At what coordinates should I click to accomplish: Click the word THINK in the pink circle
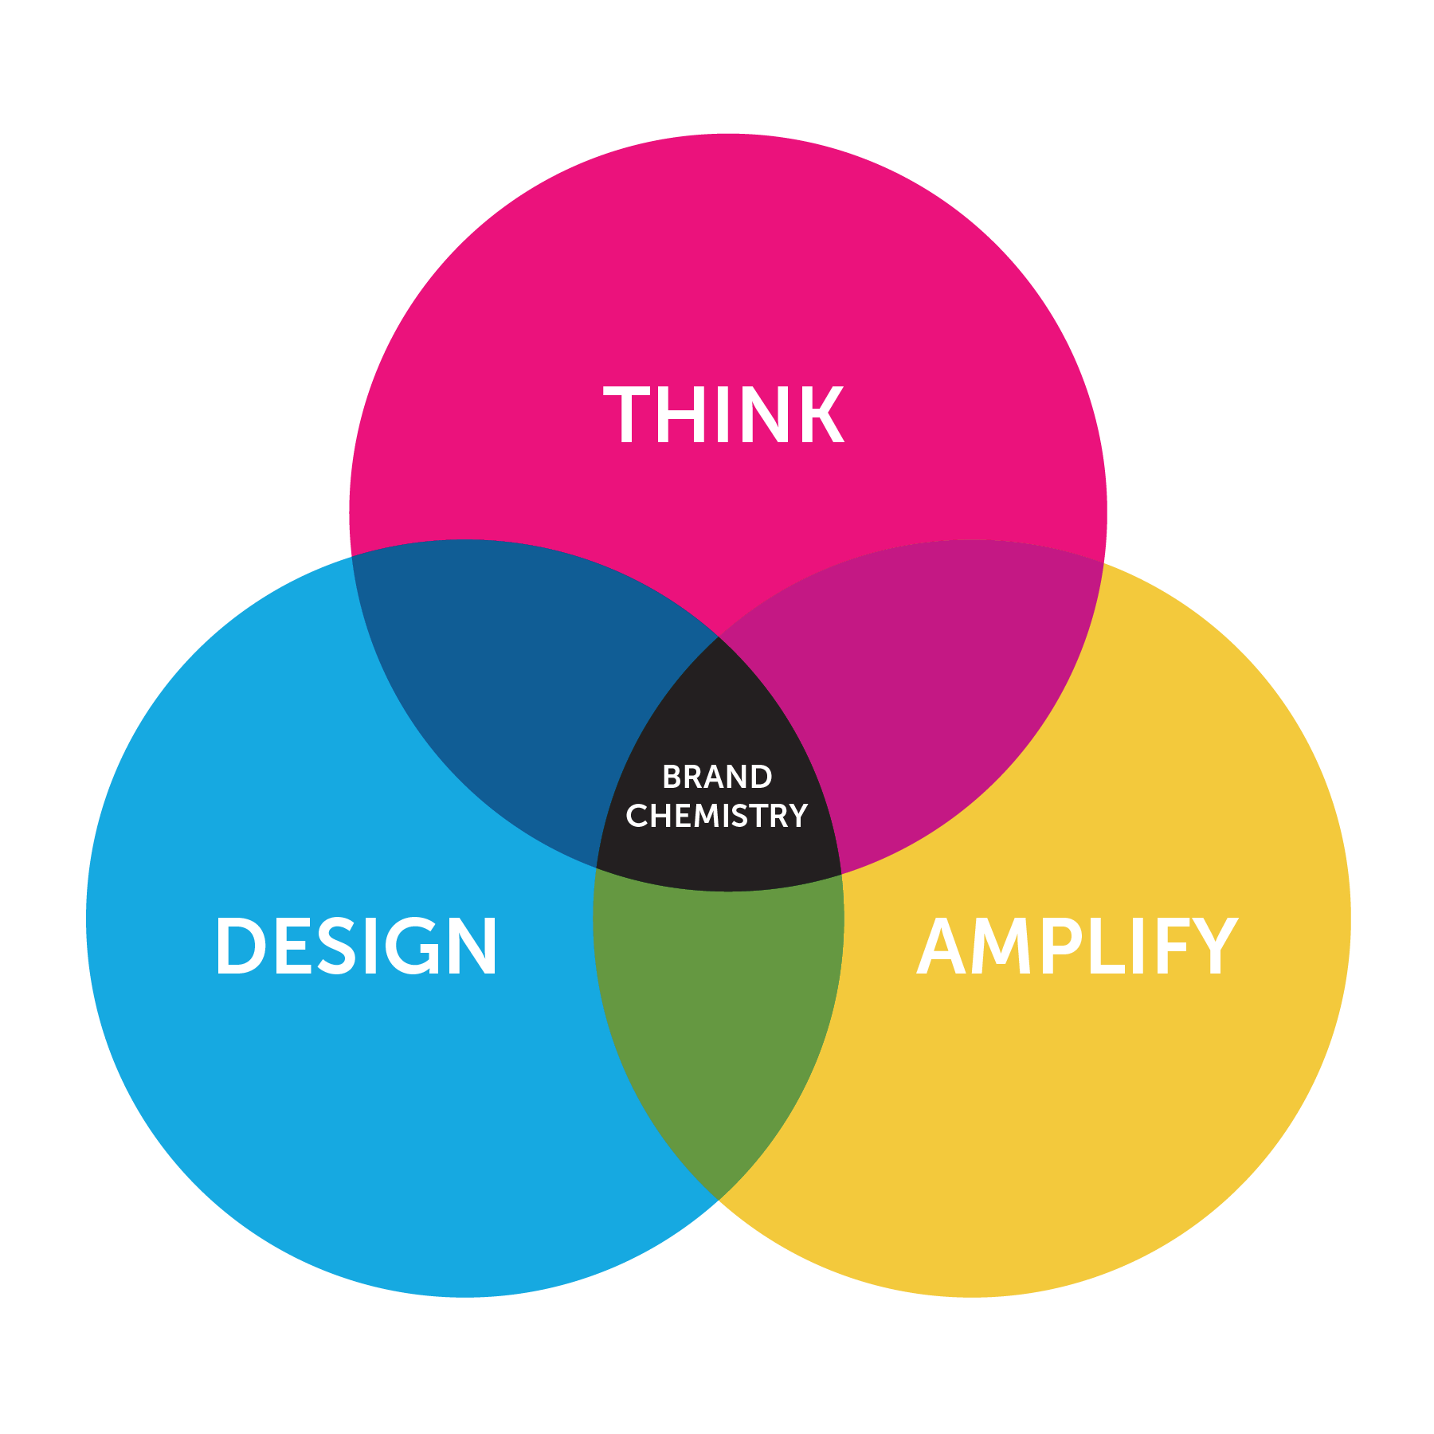tap(723, 414)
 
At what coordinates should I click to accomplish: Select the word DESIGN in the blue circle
tap(356, 946)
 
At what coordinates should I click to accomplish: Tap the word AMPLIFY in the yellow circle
tap(1077, 946)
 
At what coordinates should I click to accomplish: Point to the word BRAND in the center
tap(717, 777)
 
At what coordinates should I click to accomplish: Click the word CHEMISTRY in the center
tap(717, 816)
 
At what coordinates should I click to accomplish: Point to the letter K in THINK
tap(821, 414)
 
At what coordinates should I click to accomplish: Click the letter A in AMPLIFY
tap(944, 946)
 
